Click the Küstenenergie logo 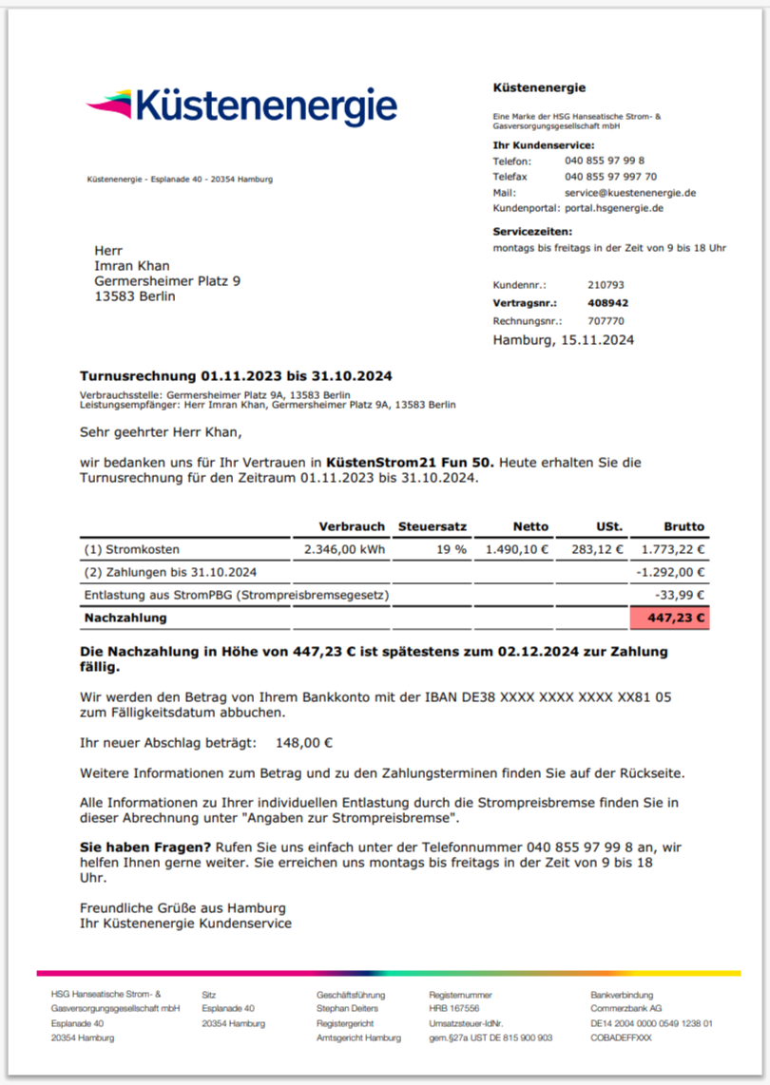(241, 105)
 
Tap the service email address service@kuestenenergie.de (630, 192)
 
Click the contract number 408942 (607, 303)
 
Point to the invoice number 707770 (606, 321)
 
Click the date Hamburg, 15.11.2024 (563, 339)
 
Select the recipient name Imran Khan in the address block (132, 266)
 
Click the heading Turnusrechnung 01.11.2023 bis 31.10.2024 (236, 376)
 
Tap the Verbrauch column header (352, 526)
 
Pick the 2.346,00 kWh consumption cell (344, 549)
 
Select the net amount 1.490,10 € (517, 549)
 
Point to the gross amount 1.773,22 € (673, 549)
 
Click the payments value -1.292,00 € (671, 572)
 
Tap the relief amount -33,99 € (683, 595)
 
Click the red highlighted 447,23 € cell (669, 618)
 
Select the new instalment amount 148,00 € (304, 743)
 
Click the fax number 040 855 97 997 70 (610, 177)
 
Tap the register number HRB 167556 (453, 1008)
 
